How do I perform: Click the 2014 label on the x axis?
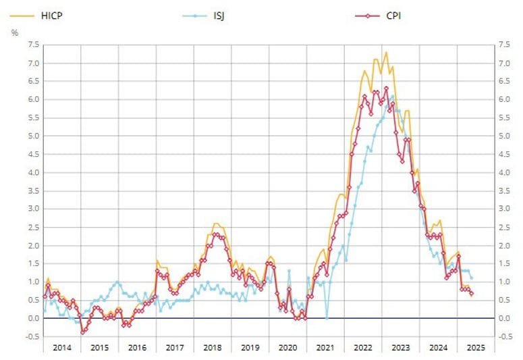(61, 347)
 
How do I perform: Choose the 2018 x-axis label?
(212, 347)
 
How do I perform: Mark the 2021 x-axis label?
(325, 347)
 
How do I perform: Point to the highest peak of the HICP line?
(386, 52)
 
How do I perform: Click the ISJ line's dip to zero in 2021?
(326, 318)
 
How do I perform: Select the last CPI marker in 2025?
(472, 294)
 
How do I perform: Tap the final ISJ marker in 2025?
(471, 278)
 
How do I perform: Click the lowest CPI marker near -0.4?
(82, 332)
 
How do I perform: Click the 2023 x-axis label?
(400, 347)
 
